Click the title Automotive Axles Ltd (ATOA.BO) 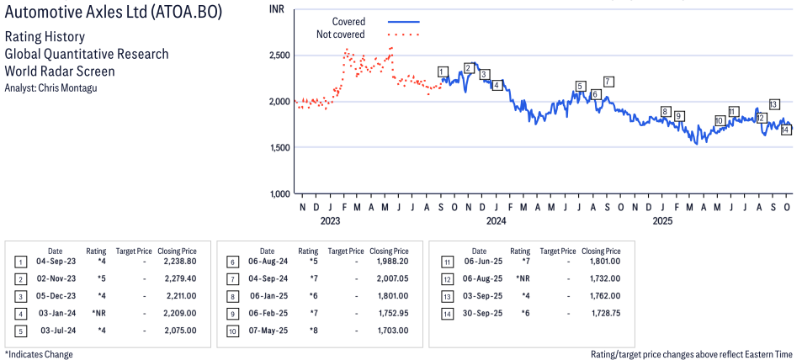114,15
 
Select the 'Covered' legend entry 348,21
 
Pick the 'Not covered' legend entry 341,34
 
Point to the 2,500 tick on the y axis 279,55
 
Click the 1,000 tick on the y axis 279,194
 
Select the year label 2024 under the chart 496,221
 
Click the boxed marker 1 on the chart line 443,71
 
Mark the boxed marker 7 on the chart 608,82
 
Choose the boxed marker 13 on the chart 773,104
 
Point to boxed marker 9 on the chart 678,116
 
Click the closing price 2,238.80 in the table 179,262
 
